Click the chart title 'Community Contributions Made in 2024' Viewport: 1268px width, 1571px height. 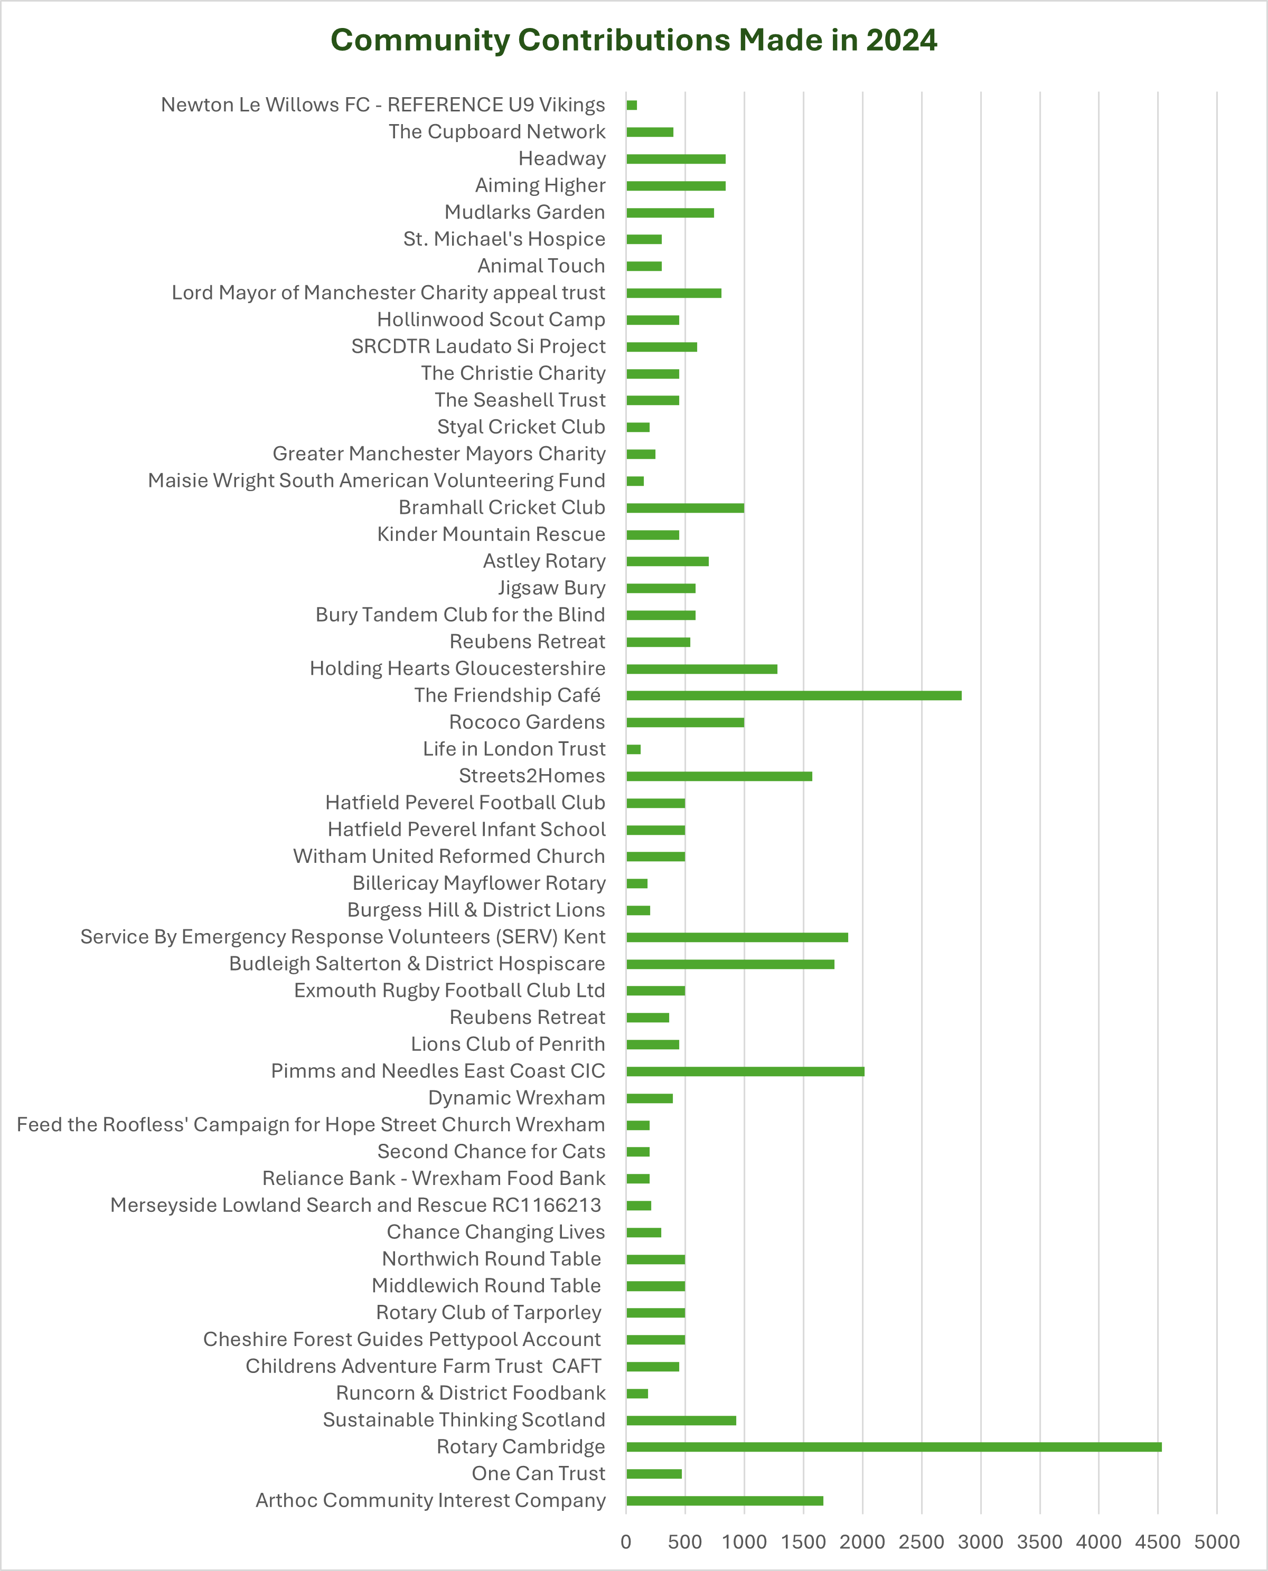pos(633,40)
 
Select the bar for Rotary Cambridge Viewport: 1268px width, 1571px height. pos(893,1447)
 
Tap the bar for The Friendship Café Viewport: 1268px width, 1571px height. pos(793,695)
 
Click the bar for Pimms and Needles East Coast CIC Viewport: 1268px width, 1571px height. pos(745,1071)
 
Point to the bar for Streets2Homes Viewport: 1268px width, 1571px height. pos(719,776)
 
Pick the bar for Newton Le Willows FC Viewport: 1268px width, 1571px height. pos(632,105)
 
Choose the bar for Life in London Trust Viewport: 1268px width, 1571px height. pos(633,749)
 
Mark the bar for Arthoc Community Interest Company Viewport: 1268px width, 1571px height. pos(725,1501)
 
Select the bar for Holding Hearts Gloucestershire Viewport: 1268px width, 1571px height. pos(701,669)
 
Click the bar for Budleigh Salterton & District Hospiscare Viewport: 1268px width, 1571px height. pos(730,964)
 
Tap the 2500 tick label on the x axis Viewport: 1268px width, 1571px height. pos(921,1542)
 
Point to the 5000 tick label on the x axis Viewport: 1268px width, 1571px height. pos(1217,1542)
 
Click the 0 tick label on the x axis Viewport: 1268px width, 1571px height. pos(626,1542)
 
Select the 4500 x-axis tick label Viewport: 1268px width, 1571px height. pos(1158,1542)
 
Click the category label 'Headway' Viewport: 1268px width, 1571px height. pos(562,158)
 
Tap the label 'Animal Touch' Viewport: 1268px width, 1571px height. pos(541,266)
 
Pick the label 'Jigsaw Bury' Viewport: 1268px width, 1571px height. pos(551,588)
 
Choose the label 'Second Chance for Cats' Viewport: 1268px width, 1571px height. pos(491,1152)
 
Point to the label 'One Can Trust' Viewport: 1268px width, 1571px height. pos(538,1474)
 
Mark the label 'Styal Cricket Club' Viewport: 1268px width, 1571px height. pos(521,427)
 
